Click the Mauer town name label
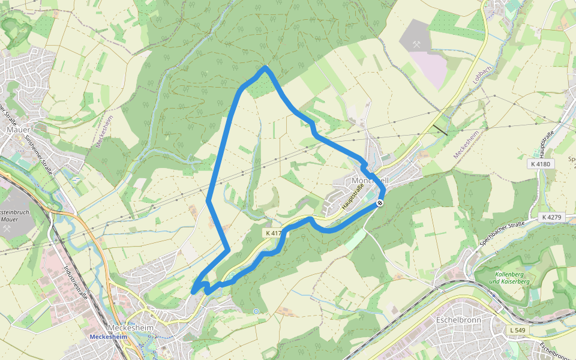pyautogui.click(x=13, y=129)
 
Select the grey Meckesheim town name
pyautogui.click(x=130, y=328)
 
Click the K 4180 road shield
pyautogui.click(x=541, y=164)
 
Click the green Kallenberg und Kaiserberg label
pyautogui.click(x=510, y=277)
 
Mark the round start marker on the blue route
pyautogui.click(x=379, y=203)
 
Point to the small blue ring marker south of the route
pyautogui.click(x=256, y=311)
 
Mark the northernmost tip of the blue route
pyautogui.click(x=265, y=68)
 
